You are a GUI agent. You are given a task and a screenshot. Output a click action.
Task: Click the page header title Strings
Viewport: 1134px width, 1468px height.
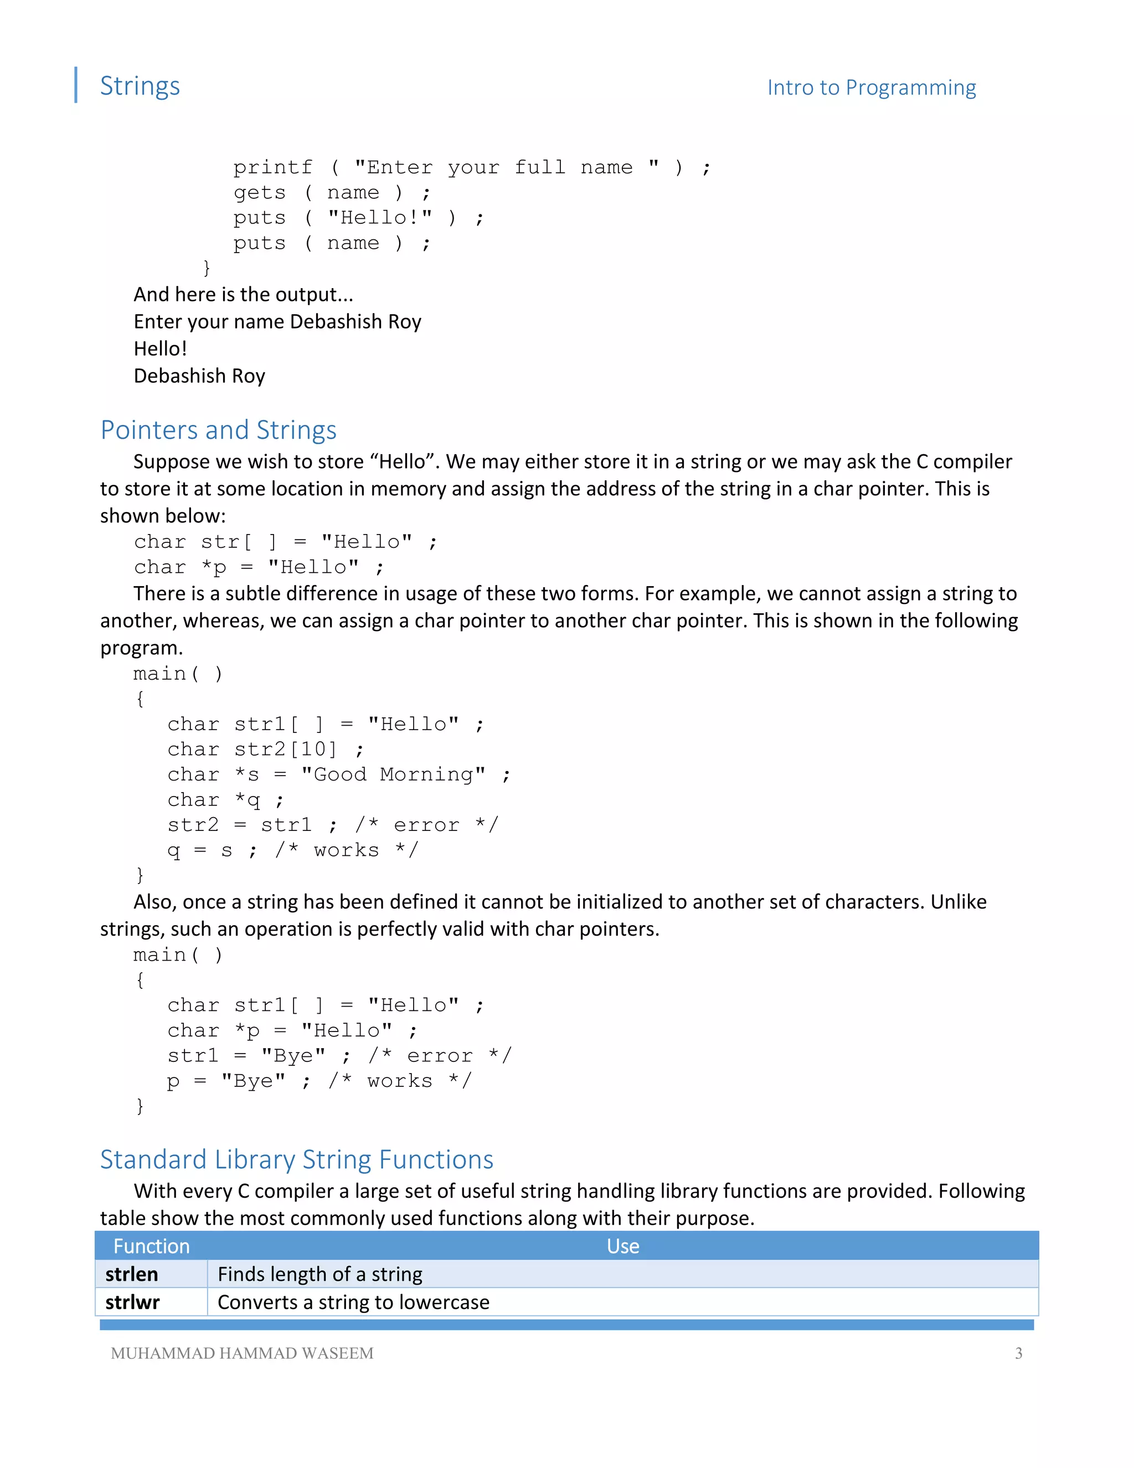[140, 86]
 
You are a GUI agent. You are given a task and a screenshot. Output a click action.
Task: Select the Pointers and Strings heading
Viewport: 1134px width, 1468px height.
[218, 430]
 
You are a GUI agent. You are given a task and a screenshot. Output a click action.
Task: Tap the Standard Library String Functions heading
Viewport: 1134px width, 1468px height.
[296, 1159]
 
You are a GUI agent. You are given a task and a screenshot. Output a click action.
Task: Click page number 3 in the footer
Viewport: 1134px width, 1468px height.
[1018, 1353]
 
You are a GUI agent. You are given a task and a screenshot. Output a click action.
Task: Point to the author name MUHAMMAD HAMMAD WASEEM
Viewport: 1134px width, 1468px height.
[242, 1353]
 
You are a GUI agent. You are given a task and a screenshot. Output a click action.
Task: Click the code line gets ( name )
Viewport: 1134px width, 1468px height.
[331, 193]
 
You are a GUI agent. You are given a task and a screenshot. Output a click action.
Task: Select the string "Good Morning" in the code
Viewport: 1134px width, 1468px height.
[393, 774]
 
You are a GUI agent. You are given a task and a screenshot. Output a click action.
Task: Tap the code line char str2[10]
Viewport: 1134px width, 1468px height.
[265, 750]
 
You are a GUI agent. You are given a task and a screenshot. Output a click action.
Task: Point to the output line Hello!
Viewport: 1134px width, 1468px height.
[160, 348]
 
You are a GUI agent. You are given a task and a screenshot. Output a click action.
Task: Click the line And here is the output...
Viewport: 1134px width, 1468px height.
[243, 294]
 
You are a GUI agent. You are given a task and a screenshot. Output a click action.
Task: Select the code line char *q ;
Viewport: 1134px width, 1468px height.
[225, 800]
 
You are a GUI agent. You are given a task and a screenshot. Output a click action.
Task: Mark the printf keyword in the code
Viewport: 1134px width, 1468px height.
[273, 167]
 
